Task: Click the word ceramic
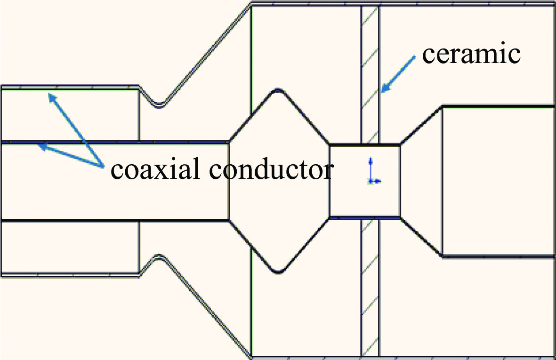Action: (471, 55)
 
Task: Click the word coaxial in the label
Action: (150, 170)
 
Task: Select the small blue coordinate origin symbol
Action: (371, 180)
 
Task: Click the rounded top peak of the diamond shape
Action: (278, 89)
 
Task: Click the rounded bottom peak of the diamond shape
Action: (278, 272)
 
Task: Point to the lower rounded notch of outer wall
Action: (160, 257)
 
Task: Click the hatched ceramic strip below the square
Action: (370, 287)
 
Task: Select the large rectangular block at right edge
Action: (498, 181)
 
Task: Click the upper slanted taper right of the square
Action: (421, 125)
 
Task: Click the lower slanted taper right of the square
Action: (421, 237)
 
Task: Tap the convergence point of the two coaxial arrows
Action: (103, 167)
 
